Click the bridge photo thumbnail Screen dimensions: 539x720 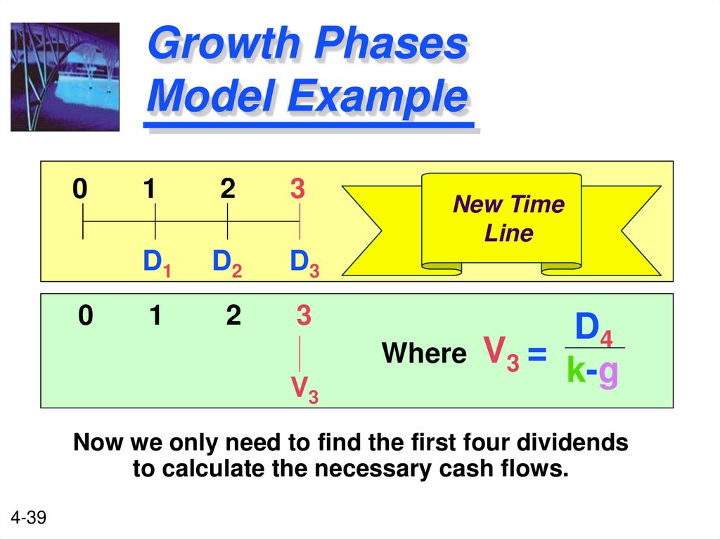click(x=65, y=77)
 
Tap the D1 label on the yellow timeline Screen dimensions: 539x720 click(x=157, y=263)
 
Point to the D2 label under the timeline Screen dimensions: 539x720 click(x=227, y=263)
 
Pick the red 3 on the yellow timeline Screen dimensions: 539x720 click(x=298, y=190)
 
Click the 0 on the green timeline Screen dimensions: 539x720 click(x=85, y=316)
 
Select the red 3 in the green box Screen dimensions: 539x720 click(x=303, y=316)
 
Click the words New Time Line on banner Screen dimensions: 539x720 click(x=508, y=219)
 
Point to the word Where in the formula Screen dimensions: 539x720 click(x=424, y=353)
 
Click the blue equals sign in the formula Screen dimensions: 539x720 click(x=536, y=354)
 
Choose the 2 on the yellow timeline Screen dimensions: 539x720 click(x=227, y=190)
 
